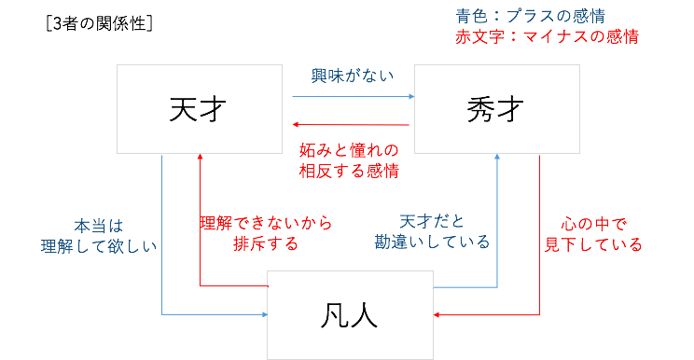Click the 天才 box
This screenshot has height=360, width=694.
[x=200, y=110]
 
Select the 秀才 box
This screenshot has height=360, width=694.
[x=496, y=110]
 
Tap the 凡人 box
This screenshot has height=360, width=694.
[x=350, y=314]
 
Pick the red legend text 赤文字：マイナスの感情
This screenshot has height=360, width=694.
[x=545, y=37]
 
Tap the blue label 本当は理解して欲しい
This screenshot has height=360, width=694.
[x=113, y=235]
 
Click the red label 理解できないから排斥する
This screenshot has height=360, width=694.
[x=266, y=235]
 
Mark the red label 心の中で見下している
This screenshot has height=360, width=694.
[x=593, y=235]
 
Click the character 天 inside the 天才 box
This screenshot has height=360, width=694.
[x=184, y=110]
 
